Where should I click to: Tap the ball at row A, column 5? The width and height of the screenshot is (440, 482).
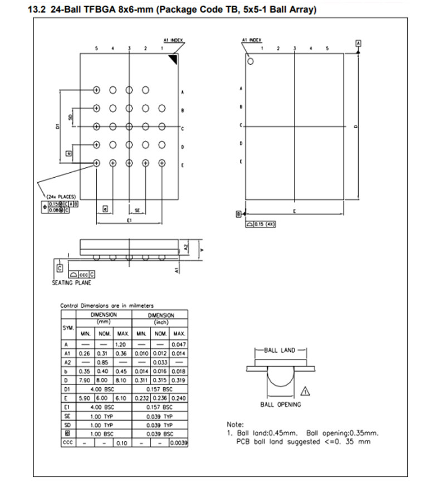[x=96, y=89]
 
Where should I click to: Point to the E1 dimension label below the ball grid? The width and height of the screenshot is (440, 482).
[x=129, y=221]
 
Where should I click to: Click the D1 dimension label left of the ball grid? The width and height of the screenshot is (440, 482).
[x=58, y=127]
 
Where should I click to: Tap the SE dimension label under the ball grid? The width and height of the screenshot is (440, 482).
[x=137, y=210]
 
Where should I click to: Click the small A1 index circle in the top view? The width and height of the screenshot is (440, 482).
[x=250, y=61]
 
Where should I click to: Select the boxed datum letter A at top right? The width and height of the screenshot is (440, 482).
[x=358, y=43]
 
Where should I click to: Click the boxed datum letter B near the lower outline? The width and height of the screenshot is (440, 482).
[x=238, y=213]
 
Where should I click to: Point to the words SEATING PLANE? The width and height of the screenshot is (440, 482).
[x=68, y=283]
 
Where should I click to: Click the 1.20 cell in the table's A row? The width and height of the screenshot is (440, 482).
[x=123, y=345]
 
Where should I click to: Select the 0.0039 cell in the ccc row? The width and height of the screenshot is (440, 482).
[x=179, y=442]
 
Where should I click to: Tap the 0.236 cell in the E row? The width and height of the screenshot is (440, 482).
[x=160, y=398]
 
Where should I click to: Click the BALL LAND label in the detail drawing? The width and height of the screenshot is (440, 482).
[x=280, y=350]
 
